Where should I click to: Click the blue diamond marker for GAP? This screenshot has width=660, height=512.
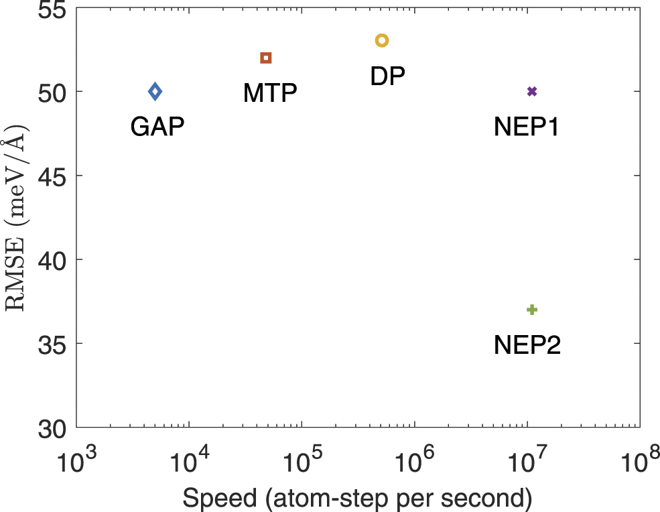point(155,91)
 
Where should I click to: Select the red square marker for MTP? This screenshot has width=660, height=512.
point(266,58)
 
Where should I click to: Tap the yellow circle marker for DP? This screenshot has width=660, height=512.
point(382,41)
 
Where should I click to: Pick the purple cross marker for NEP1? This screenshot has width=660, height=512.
point(532,91)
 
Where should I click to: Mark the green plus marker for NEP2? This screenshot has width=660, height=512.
point(532,310)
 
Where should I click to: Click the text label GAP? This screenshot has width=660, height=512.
point(157,126)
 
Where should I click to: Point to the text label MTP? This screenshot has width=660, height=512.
point(270,93)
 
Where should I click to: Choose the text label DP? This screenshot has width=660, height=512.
point(388,76)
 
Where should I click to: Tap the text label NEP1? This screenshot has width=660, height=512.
point(527,126)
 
